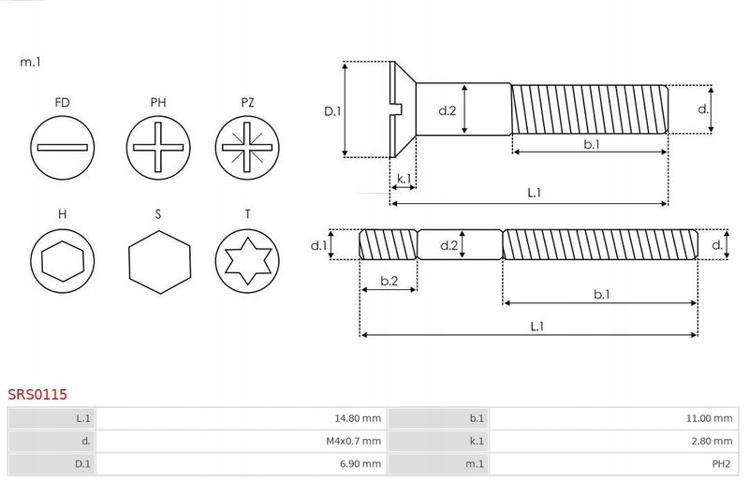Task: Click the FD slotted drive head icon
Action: point(63,148)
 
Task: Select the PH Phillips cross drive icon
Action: point(158,148)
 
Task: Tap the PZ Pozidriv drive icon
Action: point(247,148)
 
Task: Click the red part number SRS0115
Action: point(37,395)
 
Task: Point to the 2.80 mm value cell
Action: point(712,440)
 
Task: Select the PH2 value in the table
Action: point(721,462)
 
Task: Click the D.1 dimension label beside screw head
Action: point(331,110)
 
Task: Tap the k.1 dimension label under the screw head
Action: point(404,178)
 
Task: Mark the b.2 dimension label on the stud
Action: point(389,281)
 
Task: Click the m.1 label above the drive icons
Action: point(31,62)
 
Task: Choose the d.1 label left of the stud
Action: point(318,246)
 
